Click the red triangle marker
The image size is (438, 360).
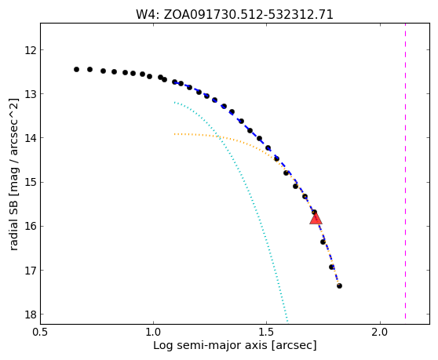[x=316, y=219]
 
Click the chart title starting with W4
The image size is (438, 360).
[x=235, y=15]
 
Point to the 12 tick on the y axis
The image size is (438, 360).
[x=31, y=50]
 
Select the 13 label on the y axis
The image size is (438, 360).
[x=31, y=94]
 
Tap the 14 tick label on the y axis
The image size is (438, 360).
[x=31, y=138]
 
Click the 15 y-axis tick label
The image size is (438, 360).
[x=31, y=183]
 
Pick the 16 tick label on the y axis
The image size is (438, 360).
[x=31, y=227]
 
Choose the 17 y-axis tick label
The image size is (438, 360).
[x=31, y=271]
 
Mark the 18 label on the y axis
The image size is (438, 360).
[x=31, y=315]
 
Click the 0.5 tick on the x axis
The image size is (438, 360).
[x=40, y=333]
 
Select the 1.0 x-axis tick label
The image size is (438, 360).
[x=153, y=333]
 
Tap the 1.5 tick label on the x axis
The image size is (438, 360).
[x=266, y=333]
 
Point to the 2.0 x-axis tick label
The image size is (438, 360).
[x=380, y=333]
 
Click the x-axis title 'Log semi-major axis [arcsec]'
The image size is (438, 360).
[x=235, y=345]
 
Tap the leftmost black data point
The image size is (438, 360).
[x=77, y=70]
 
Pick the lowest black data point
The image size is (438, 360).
[x=339, y=285]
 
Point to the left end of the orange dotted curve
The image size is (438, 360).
[x=174, y=134]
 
